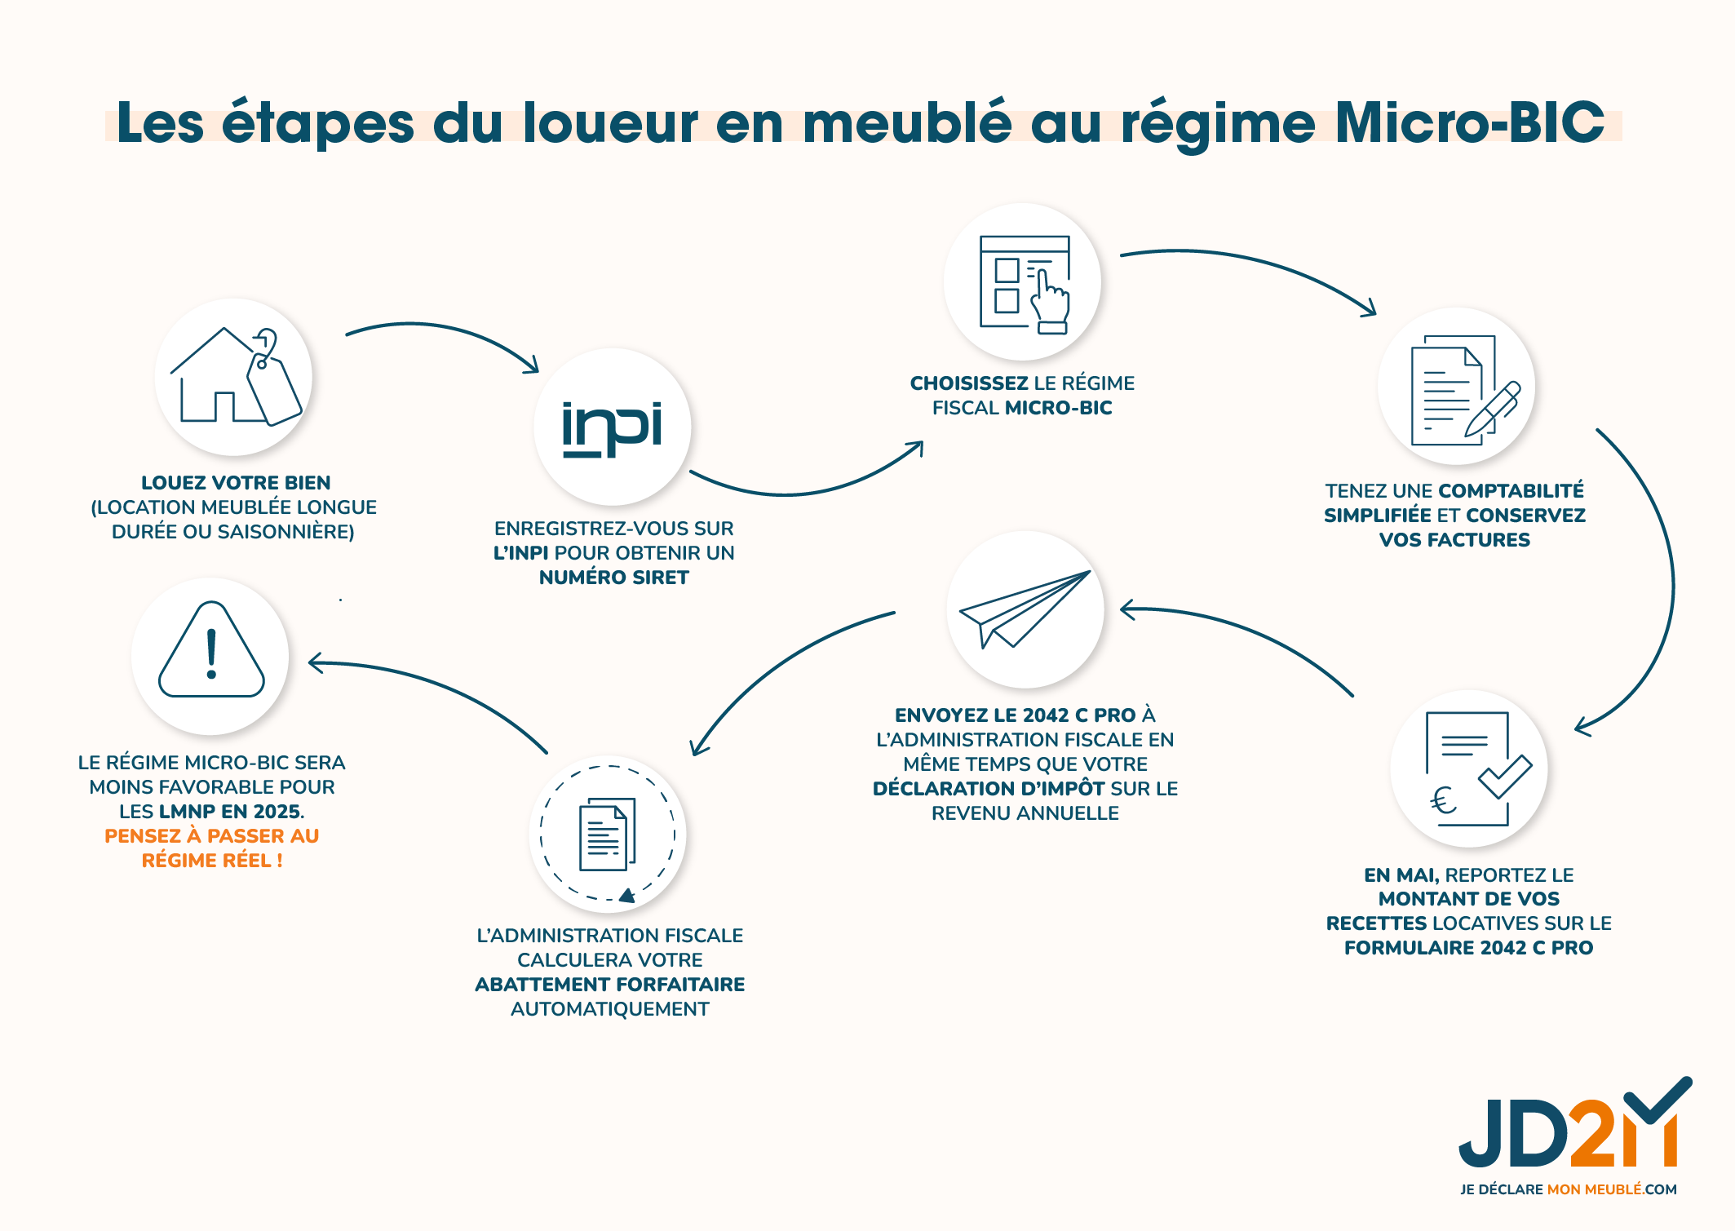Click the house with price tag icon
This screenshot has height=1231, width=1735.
tap(234, 377)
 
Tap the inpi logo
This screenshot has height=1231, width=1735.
tap(612, 428)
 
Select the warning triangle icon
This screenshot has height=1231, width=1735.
tap(211, 653)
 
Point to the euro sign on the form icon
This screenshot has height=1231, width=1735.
tap(1443, 800)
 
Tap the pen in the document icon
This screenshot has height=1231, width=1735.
tap(1494, 408)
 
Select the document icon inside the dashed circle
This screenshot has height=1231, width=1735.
tap(607, 834)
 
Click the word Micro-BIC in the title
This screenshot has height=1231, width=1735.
tap(1468, 124)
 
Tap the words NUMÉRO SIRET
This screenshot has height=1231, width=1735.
tap(613, 578)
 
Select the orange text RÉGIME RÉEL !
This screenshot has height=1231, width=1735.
tap(212, 861)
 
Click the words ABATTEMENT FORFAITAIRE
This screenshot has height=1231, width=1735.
tap(609, 985)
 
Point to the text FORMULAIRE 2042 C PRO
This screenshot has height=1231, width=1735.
tap(1468, 948)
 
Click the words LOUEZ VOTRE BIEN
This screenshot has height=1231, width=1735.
tap(236, 483)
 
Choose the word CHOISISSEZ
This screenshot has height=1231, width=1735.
tap(968, 383)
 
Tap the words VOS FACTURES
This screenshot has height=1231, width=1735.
tap(1454, 540)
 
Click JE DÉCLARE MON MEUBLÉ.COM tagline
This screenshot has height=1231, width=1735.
tap(1568, 1189)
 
